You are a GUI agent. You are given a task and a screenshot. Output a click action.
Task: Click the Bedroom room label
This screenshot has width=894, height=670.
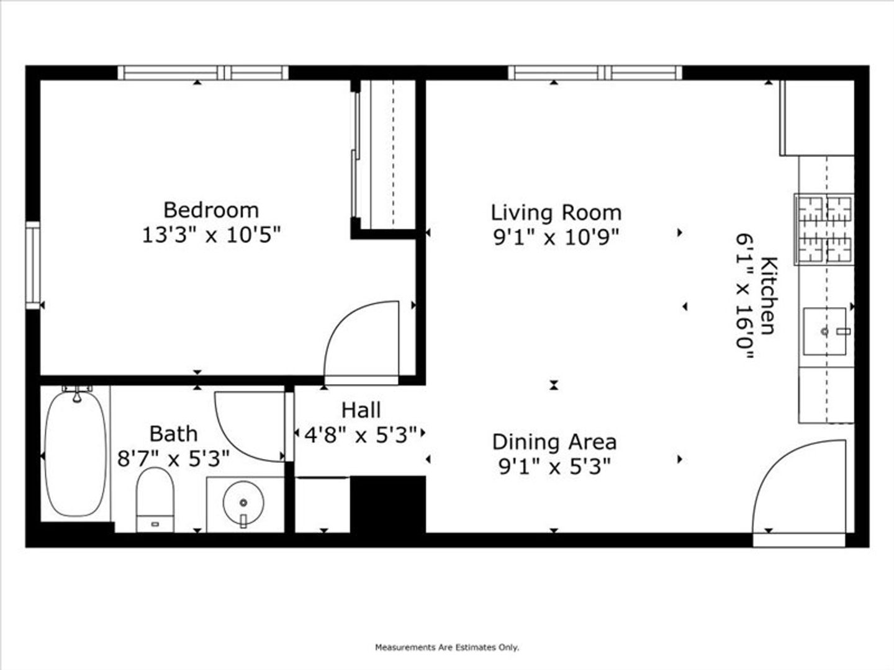pyautogui.click(x=211, y=210)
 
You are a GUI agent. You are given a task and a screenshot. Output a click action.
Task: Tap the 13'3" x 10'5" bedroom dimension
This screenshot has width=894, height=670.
pyautogui.click(x=211, y=235)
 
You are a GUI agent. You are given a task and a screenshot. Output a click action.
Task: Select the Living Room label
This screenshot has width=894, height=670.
pyautogui.click(x=556, y=212)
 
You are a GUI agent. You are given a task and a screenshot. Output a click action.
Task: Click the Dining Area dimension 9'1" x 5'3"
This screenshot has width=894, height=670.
pyautogui.click(x=555, y=467)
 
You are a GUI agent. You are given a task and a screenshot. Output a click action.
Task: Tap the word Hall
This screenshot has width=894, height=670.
pyautogui.click(x=361, y=410)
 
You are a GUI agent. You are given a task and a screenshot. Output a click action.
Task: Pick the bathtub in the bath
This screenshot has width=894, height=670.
pyautogui.click(x=75, y=453)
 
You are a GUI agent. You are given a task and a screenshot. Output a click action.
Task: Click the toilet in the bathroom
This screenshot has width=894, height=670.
pyautogui.click(x=155, y=499)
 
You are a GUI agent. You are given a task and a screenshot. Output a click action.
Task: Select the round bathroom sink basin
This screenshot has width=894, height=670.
pyautogui.click(x=243, y=502)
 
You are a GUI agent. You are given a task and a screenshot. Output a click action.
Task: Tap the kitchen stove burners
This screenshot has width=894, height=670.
pyautogui.click(x=824, y=229)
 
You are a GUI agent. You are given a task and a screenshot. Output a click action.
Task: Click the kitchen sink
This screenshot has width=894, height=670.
pyautogui.click(x=824, y=331)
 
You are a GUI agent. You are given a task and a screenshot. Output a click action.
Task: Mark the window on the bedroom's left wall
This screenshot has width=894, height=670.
pyautogui.click(x=33, y=266)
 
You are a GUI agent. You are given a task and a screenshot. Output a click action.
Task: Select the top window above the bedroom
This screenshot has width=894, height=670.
pyautogui.click(x=203, y=73)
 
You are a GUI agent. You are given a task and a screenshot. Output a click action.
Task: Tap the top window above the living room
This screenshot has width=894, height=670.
pyautogui.click(x=595, y=73)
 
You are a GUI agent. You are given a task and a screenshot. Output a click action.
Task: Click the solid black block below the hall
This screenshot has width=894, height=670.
pyautogui.click(x=388, y=504)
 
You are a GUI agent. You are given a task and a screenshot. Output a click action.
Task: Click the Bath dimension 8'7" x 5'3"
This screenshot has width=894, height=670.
pyautogui.click(x=173, y=459)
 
